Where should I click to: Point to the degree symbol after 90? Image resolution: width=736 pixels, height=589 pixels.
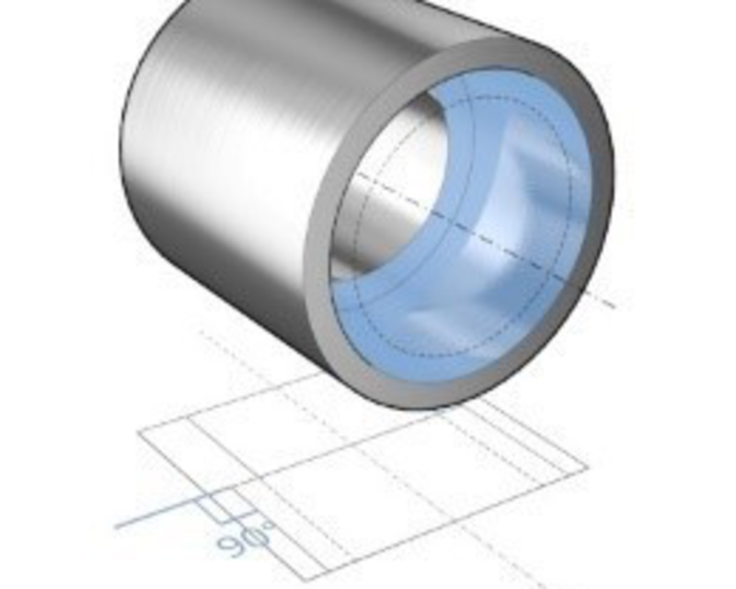coord(269,525)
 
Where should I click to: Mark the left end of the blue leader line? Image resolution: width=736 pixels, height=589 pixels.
coord(117,527)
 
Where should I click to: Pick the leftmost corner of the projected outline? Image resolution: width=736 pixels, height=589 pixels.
coord(138,432)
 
